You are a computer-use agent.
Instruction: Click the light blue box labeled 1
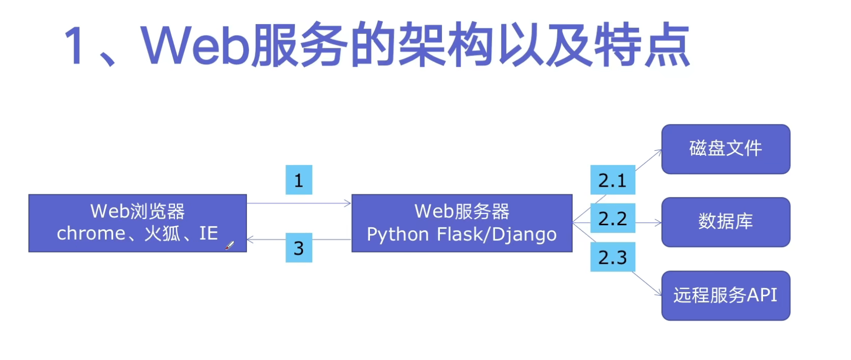[298, 180]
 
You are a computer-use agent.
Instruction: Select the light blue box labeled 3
[298, 248]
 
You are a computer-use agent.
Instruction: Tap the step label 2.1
[612, 180]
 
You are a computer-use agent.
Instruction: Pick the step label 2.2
[612, 219]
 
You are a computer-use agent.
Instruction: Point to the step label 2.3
[612, 257]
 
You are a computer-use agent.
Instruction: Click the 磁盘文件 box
[725, 149]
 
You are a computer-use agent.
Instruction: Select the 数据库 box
[725, 222]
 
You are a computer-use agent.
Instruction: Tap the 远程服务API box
[725, 295]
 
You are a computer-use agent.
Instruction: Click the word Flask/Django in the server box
[497, 235]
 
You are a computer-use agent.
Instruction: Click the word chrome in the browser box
[91, 233]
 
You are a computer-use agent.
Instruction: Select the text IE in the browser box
[208, 233]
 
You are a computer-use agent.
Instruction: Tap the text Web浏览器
[137, 211]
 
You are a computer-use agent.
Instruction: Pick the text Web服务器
[462, 211]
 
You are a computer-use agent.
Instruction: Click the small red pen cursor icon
[229, 245]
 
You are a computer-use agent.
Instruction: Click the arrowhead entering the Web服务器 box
[348, 204]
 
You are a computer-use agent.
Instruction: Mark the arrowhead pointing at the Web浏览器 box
[251, 240]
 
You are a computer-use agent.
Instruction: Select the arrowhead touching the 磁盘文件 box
[658, 152]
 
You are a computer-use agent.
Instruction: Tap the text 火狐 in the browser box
[162, 233]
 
